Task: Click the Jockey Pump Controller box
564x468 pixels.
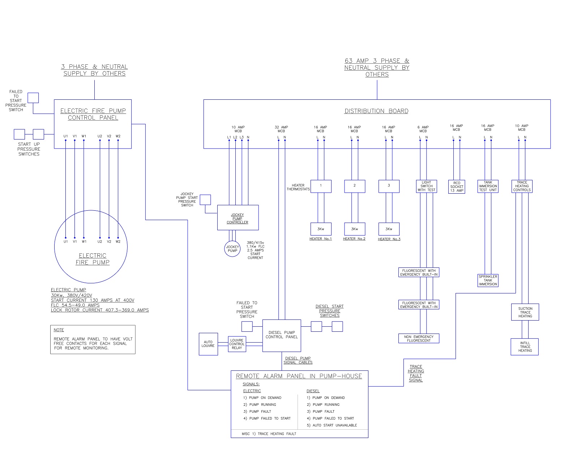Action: point(238,218)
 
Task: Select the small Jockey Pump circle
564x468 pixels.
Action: point(232,249)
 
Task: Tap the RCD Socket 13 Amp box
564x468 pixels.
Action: point(457,187)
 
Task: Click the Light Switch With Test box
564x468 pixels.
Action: point(426,186)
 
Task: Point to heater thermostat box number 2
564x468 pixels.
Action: point(354,186)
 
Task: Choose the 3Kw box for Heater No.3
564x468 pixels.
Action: point(389,229)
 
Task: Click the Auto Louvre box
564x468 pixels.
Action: point(208,344)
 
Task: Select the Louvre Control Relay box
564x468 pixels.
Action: point(237,344)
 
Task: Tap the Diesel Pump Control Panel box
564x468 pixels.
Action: point(282,335)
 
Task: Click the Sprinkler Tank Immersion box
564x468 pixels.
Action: point(488,280)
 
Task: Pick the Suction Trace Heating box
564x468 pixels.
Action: point(525,312)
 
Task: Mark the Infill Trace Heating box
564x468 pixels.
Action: point(525,347)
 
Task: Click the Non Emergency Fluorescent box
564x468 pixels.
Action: point(419,339)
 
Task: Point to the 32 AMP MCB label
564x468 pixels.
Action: point(281,129)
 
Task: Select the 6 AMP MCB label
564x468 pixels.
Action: point(423,129)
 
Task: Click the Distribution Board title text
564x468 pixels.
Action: point(376,111)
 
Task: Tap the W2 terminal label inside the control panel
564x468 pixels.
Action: point(118,136)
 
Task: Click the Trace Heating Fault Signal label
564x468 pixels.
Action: point(416,373)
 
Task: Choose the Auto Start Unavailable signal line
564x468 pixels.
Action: point(332,425)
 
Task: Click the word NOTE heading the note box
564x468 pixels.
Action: point(59,330)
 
